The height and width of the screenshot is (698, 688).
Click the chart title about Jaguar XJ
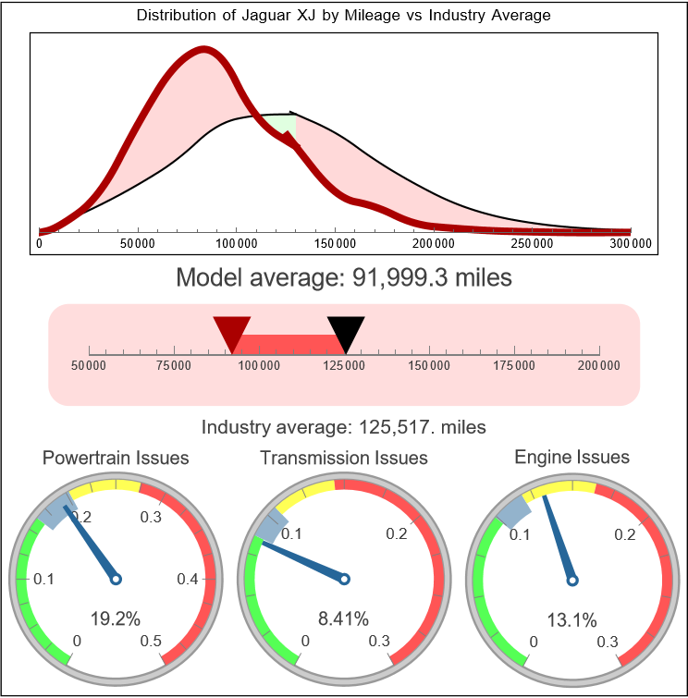[x=343, y=16]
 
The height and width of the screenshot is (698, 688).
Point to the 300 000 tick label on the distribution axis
[x=631, y=244]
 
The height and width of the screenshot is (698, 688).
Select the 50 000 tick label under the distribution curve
[x=138, y=244]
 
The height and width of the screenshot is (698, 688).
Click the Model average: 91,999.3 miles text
[x=343, y=277]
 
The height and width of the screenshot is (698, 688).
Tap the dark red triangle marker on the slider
[x=232, y=331]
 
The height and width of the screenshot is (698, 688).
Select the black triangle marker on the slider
[x=346, y=331]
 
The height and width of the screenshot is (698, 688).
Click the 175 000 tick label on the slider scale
[x=514, y=366]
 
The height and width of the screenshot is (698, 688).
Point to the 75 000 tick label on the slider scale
[x=174, y=366]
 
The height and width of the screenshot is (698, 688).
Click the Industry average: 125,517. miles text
[x=343, y=427]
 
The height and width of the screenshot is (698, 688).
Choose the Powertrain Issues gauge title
[x=116, y=458]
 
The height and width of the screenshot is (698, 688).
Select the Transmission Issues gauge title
[x=344, y=458]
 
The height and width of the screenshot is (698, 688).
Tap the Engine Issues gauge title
[x=571, y=457]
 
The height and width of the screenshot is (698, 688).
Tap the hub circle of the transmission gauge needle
[x=344, y=580]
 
